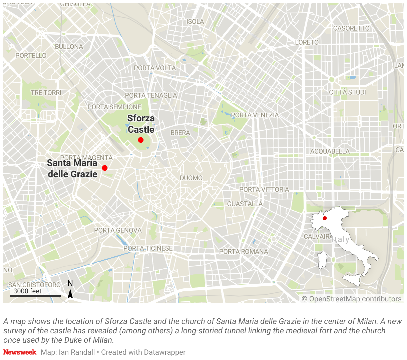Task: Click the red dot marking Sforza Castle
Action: (x=141, y=140)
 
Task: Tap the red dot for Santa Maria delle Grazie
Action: (x=105, y=168)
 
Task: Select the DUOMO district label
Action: (x=191, y=178)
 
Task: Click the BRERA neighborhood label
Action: (x=180, y=133)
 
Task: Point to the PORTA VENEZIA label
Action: (x=255, y=115)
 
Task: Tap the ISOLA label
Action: (x=195, y=22)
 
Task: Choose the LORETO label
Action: (x=307, y=42)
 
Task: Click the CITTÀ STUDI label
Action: (x=347, y=92)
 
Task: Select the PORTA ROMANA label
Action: (x=244, y=252)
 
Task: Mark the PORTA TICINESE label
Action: (x=148, y=248)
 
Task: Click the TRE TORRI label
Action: (x=46, y=93)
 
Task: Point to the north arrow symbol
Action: (x=70, y=293)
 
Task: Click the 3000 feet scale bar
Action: (x=35, y=295)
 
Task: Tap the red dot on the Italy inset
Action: (x=325, y=218)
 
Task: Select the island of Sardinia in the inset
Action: (x=322, y=260)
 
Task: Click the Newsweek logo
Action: (x=20, y=352)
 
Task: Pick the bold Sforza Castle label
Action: (x=141, y=124)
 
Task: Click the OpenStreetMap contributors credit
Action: (x=352, y=299)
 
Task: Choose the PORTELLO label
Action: (x=31, y=56)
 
